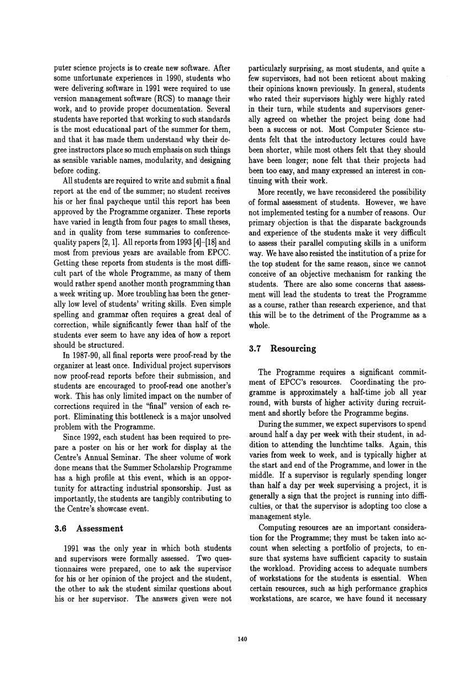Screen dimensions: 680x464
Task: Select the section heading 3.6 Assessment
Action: [90, 528]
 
